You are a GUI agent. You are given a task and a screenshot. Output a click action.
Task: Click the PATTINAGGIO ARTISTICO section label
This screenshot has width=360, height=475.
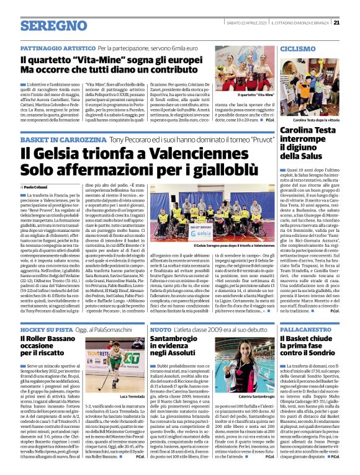[x=56, y=48]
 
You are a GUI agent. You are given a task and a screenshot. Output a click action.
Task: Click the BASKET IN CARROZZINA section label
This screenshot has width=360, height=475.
[x=63, y=140]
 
